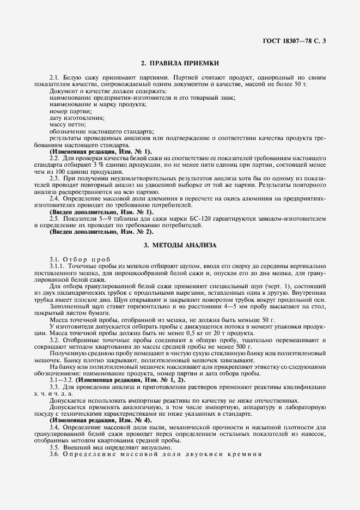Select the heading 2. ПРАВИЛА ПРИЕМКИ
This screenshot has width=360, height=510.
tap(180, 64)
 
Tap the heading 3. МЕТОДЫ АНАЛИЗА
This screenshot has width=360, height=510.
tap(180, 245)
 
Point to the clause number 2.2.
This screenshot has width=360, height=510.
tap(54, 157)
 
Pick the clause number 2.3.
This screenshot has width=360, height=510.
tap(54, 178)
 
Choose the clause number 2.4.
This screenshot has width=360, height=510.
tap(54, 199)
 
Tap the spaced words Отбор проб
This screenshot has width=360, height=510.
tap(87, 259)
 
